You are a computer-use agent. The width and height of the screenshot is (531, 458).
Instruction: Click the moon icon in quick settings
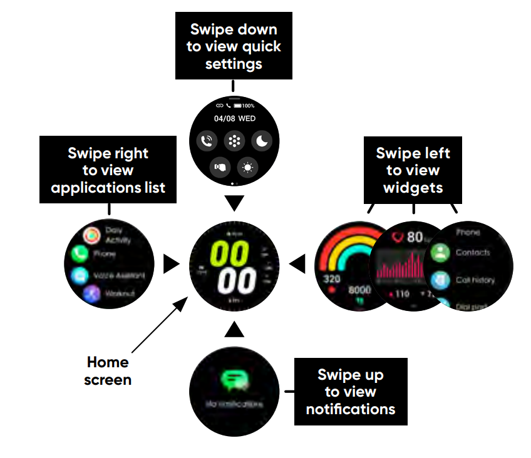260,141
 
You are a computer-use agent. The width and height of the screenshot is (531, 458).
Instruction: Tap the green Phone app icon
80,254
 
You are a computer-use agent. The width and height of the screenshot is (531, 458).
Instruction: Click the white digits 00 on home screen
235,281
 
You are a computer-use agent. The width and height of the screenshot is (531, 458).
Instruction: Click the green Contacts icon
441,253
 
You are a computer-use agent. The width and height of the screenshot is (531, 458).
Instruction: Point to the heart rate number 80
414,237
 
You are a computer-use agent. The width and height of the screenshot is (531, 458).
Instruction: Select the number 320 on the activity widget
331,278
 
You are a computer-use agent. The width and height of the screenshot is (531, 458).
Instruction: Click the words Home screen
108,370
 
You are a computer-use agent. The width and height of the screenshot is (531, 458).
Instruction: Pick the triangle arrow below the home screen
234,330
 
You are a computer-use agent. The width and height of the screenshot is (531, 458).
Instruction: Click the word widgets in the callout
413,188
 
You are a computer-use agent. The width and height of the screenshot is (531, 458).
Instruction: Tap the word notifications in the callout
350,409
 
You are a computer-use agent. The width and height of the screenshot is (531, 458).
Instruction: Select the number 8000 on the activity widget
359,290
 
